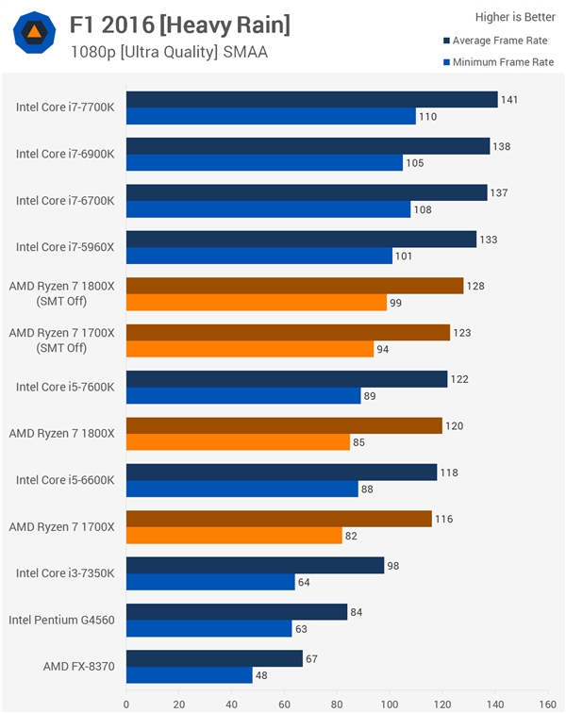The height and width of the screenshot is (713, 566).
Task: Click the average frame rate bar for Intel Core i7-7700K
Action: (x=311, y=100)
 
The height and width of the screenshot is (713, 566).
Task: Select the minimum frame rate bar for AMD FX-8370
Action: (x=189, y=675)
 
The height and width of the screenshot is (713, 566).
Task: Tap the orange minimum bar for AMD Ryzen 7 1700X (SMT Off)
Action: (x=249, y=350)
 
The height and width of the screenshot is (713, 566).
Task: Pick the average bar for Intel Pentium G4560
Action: (x=237, y=612)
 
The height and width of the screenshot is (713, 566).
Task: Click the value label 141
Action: (x=510, y=100)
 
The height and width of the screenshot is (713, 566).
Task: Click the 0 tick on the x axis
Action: (x=126, y=703)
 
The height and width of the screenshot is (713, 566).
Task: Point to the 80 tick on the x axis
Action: (x=337, y=703)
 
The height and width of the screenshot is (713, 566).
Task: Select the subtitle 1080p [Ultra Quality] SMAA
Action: (x=169, y=52)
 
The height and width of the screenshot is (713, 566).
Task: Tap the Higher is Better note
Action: (x=513, y=17)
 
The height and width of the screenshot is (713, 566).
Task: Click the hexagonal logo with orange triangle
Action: (x=34, y=34)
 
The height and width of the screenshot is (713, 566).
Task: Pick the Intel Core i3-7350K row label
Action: (x=65, y=573)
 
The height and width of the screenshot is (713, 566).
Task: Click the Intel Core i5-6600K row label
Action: (x=65, y=480)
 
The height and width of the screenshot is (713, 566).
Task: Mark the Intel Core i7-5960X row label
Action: (x=65, y=247)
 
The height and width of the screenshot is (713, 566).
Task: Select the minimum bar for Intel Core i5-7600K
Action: (x=242, y=396)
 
